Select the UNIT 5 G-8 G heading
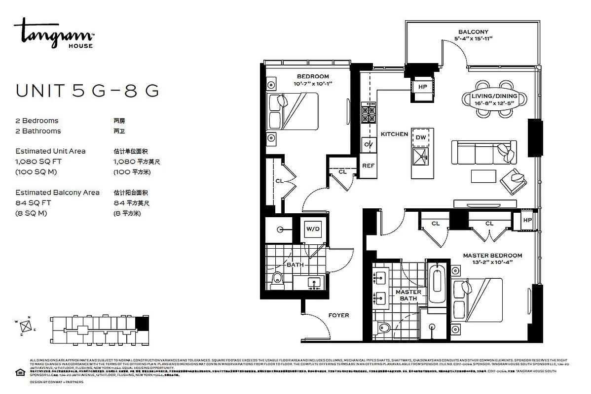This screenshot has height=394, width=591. (x=87, y=91)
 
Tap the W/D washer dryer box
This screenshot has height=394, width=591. (x=313, y=229)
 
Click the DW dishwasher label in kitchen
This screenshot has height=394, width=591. (x=421, y=137)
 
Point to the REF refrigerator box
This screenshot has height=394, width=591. (x=368, y=166)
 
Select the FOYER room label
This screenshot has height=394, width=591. (x=338, y=315)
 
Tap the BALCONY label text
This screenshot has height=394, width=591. (x=473, y=32)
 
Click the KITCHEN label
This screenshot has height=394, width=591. (x=394, y=134)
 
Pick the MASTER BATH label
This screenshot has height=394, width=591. (x=408, y=295)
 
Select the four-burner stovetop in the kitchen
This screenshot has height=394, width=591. (x=368, y=114)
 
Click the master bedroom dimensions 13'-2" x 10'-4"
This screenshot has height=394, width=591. (x=492, y=263)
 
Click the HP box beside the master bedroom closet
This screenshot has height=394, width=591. (x=527, y=220)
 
